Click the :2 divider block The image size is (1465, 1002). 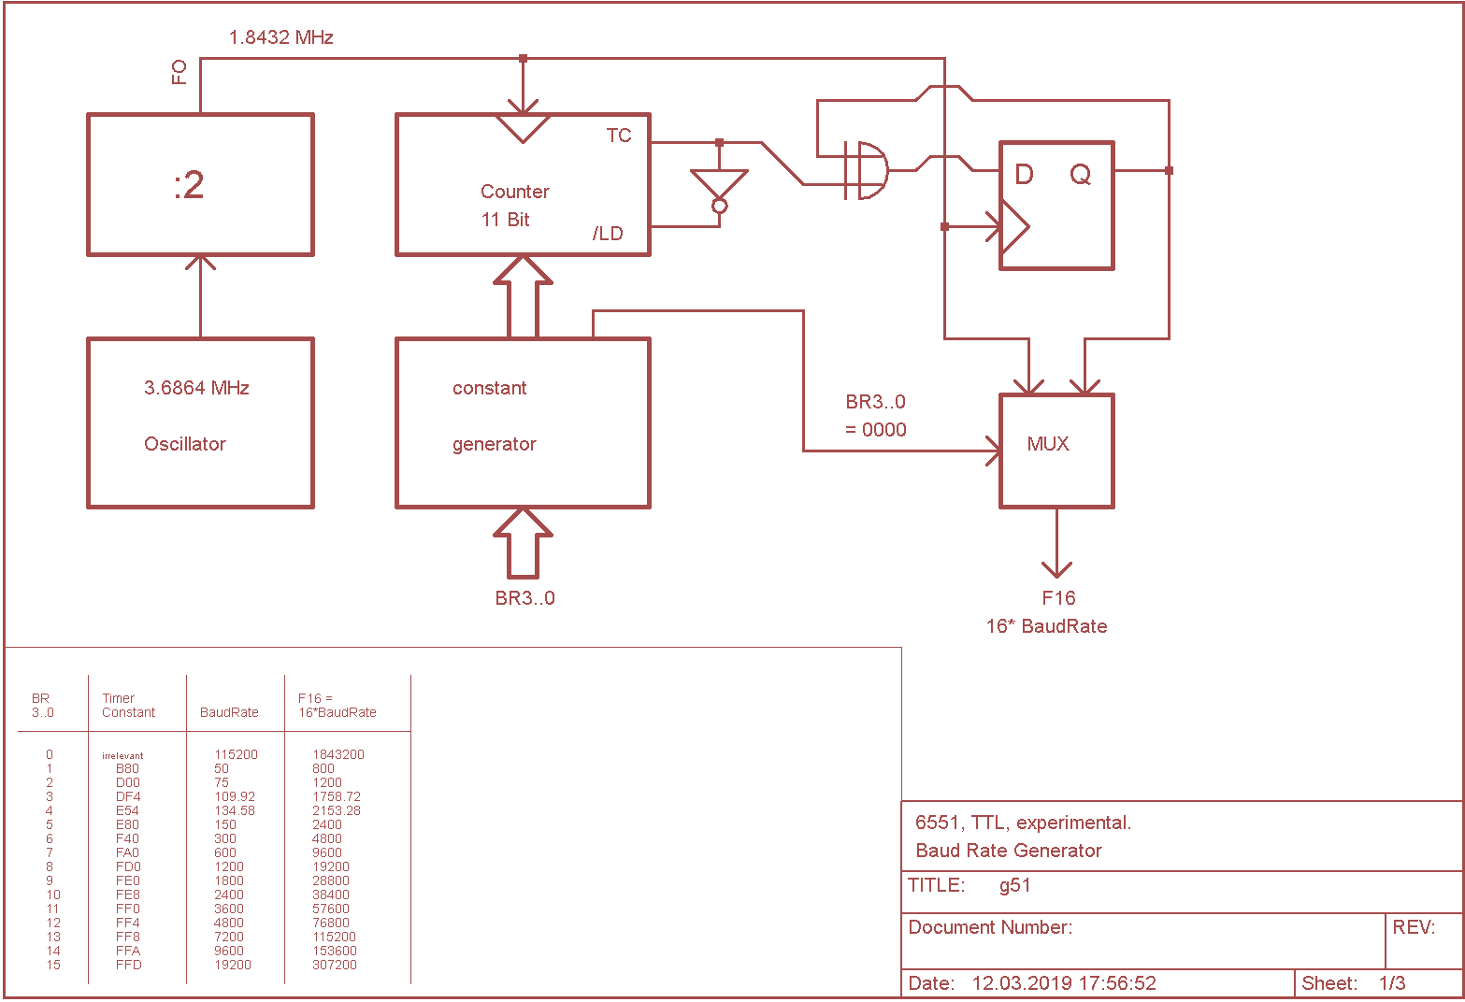[x=200, y=185]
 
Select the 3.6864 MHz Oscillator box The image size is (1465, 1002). [x=200, y=422]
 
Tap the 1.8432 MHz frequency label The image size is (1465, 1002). [x=280, y=37]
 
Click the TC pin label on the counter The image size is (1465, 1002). [x=618, y=136]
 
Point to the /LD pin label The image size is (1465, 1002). [x=608, y=234]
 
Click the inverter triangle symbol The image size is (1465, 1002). [x=719, y=184]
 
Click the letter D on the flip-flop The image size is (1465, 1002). [x=1024, y=175]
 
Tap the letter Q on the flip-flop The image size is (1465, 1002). [x=1080, y=175]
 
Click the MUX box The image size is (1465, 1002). [x=1056, y=451]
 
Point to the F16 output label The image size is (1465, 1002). [x=1058, y=598]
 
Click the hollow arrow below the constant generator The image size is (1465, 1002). [x=524, y=544]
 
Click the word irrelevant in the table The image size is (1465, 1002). [x=122, y=755]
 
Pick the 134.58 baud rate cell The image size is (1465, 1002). [x=234, y=810]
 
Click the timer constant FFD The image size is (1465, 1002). [x=129, y=965]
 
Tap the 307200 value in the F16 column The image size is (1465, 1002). [x=334, y=965]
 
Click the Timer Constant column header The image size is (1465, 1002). [x=128, y=706]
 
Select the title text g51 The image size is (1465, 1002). [x=1014, y=885]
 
